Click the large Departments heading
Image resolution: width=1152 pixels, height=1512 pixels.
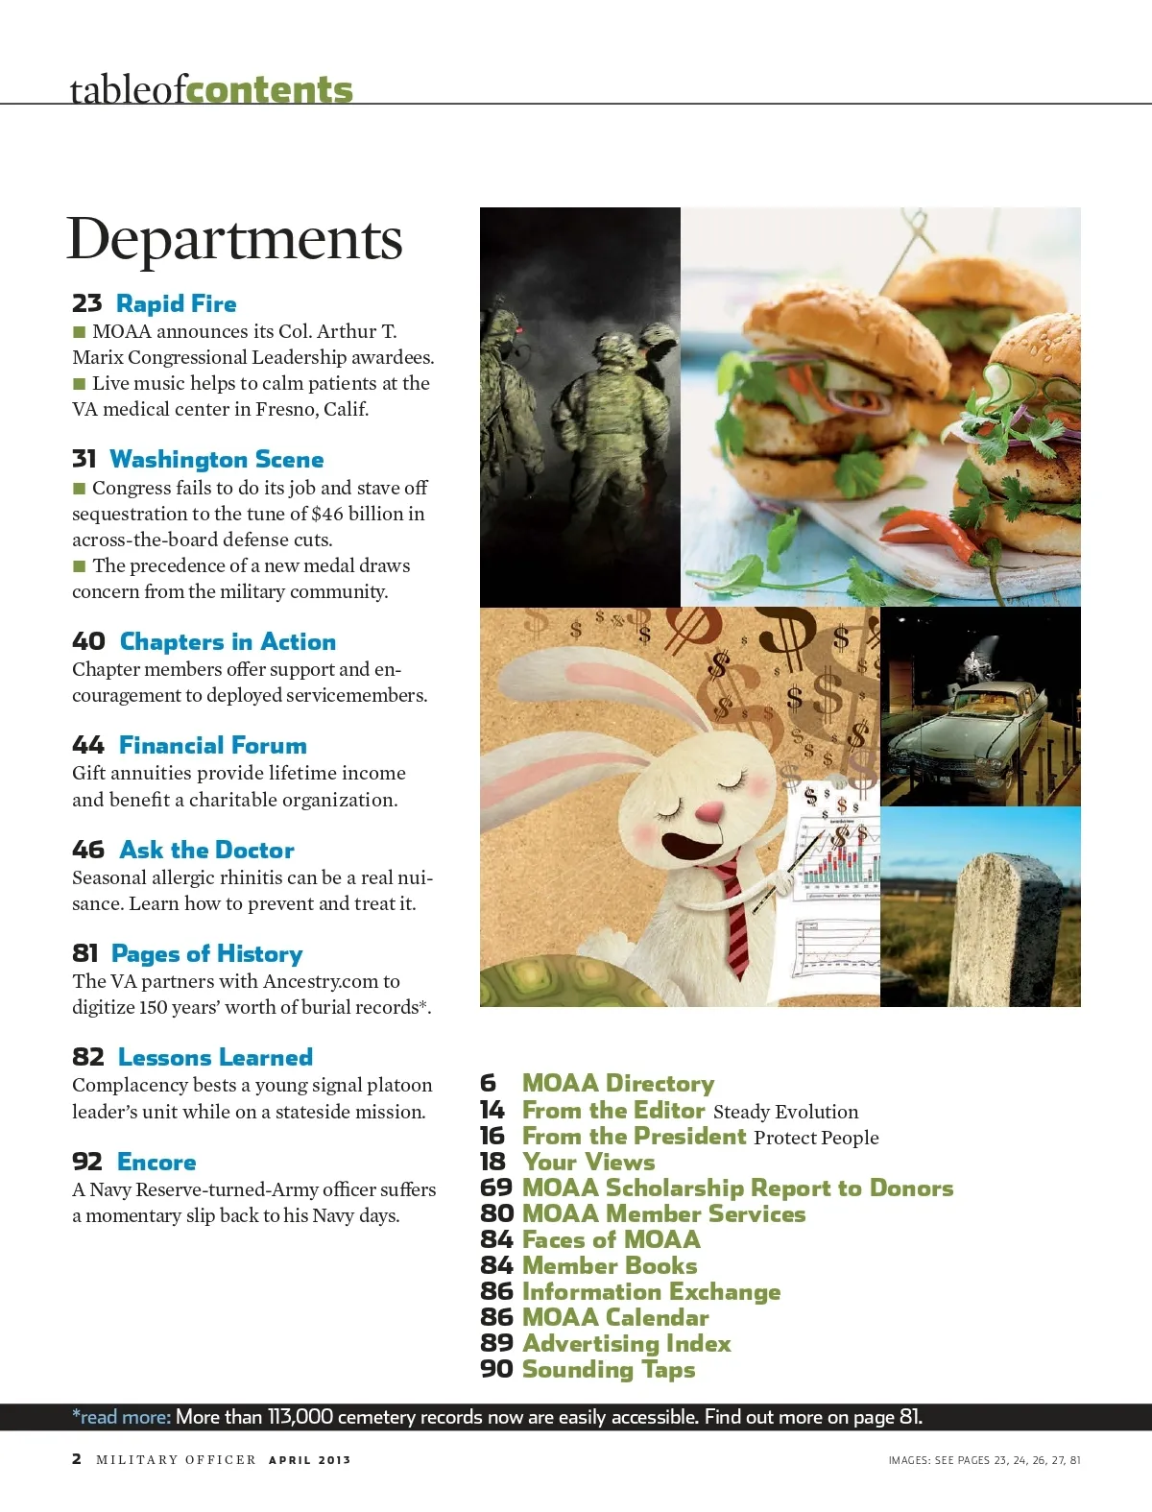(x=234, y=239)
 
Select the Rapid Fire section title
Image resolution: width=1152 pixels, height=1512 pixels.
(x=177, y=304)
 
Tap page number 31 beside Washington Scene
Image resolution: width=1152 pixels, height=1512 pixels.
(x=84, y=460)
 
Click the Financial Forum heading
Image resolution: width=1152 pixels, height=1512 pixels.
(x=213, y=746)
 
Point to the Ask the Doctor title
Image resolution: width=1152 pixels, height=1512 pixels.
(x=207, y=851)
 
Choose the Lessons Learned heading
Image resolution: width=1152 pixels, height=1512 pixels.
(x=215, y=1058)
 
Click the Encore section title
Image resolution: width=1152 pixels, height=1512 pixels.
(x=156, y=1163)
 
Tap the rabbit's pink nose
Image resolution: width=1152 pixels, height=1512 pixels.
(x=709, y=814)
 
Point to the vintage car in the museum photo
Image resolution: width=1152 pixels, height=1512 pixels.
(x=970, y=739)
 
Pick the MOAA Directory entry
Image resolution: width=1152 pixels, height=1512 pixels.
(x=618, y=1084)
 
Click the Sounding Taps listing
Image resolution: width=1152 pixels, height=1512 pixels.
(x=609, y=1370)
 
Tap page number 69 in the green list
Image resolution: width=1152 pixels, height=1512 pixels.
(x=496, y=1188)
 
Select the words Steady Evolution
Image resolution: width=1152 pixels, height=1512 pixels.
(x=786, y=1112)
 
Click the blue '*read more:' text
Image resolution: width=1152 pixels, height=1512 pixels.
(x=122, y=1417)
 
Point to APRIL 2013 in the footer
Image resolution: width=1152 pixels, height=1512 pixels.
(x=310, y=1460)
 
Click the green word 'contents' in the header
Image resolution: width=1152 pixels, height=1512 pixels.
(x=270, y=89)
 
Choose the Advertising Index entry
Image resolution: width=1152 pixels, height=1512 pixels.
(x=627, y=1344)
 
